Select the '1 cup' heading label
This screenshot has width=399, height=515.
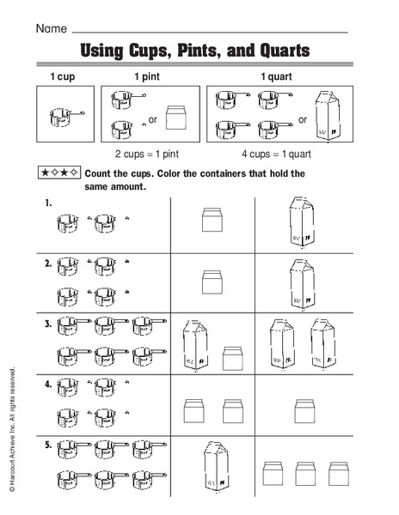tap(61, 77)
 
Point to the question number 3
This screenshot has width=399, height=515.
tap(48, 324)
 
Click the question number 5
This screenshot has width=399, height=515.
tap(48, 446)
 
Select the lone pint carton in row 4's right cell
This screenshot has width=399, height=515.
tap(301, 409)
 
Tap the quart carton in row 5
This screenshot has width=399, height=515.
tap(214, 469)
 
